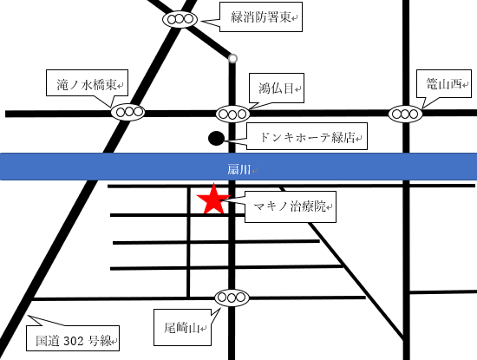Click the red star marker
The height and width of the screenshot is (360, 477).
[213, 200]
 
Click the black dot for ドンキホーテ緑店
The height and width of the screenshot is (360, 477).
[216, 138]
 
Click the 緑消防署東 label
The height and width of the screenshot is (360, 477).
[265, 17]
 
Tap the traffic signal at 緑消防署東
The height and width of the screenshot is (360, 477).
[181, 18]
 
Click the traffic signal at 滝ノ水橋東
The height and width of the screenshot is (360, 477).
[128, 112]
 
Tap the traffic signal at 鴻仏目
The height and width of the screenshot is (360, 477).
[233, 113]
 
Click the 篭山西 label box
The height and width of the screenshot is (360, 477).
[441, 83]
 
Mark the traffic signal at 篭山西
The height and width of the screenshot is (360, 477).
[405, 113]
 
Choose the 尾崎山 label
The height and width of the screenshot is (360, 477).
[182, 327]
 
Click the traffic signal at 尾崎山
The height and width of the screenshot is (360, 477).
[232, 298]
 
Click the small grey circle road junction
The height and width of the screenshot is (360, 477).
[232, 59]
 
